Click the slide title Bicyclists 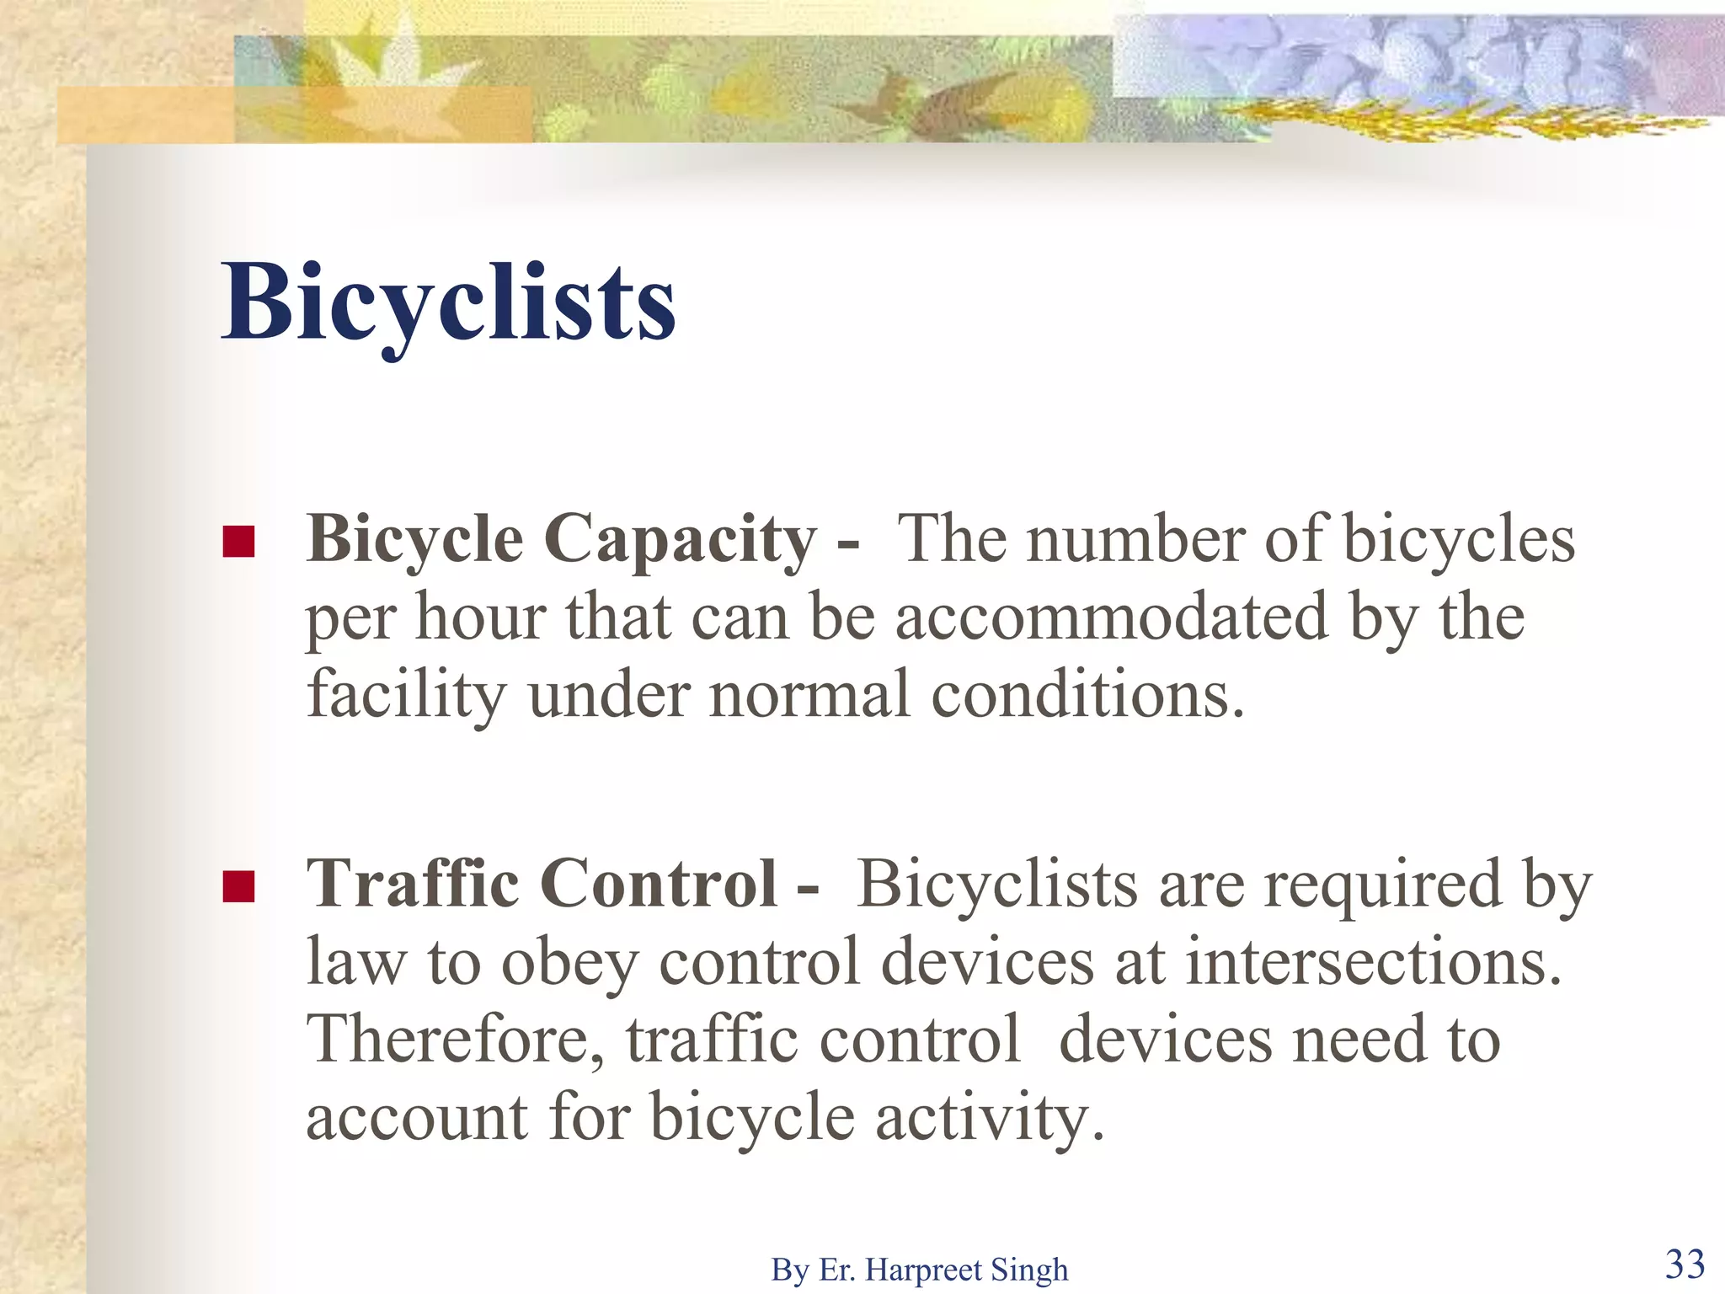448,303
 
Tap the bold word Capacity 680,540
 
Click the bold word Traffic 413,885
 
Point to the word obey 569,964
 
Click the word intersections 1373,962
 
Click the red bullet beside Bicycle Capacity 238,542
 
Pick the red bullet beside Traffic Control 238,886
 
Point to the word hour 480,618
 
